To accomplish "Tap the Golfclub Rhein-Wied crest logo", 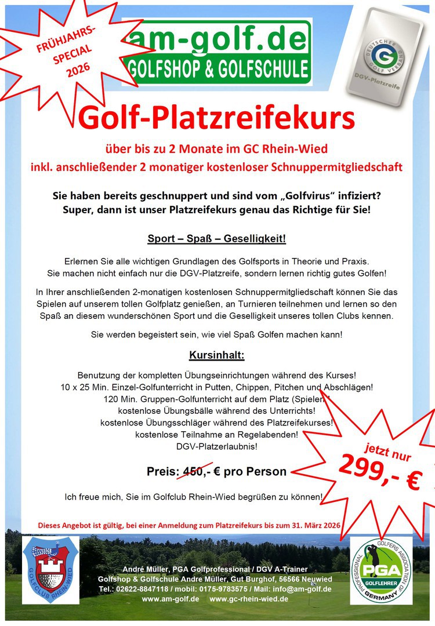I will (x=51, y=571).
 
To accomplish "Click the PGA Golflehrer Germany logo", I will (x=382, y=571).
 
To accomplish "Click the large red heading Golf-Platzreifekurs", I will (x=217, y=118).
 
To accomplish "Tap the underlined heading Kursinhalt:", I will (x=217, y=354).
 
